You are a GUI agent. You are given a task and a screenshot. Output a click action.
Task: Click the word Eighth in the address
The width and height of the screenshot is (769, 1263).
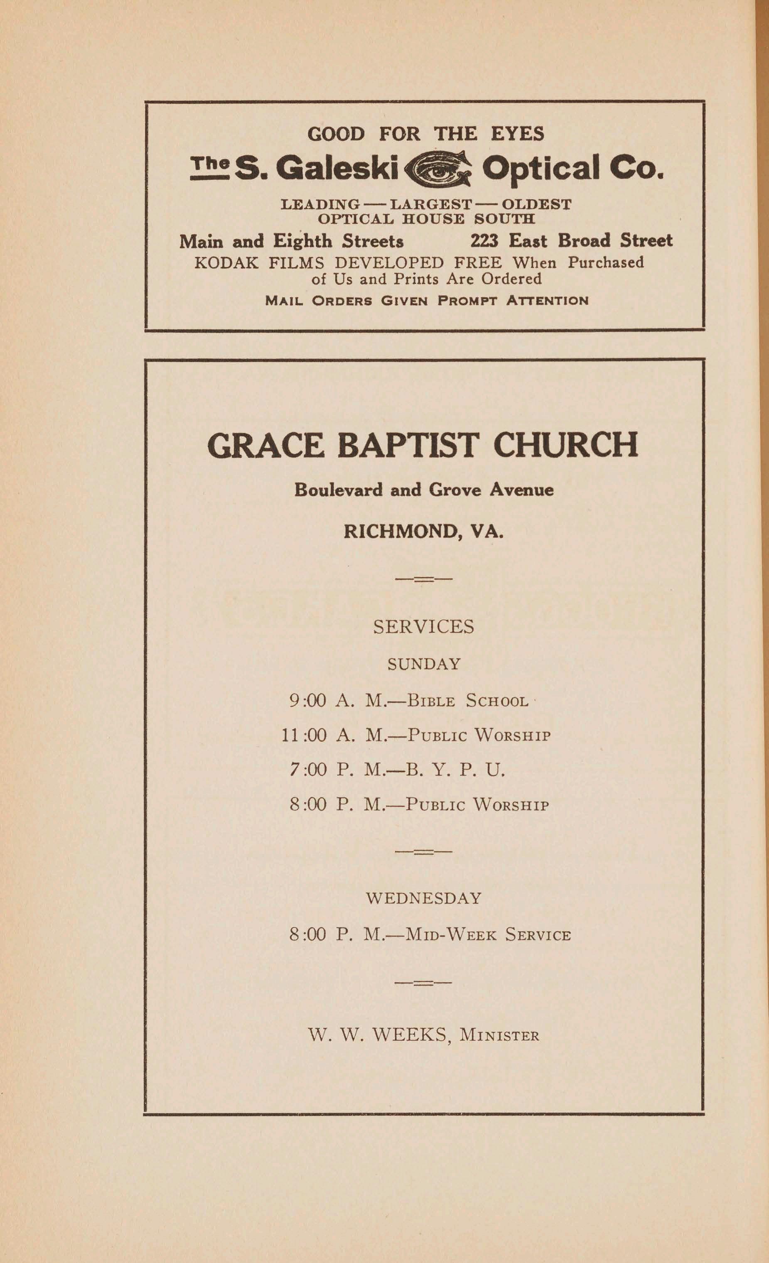pos(302,241)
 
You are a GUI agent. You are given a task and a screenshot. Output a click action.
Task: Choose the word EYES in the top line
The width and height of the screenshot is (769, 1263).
pos(517,134)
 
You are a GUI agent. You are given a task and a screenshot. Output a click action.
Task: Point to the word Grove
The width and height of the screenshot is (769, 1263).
pos(455,490)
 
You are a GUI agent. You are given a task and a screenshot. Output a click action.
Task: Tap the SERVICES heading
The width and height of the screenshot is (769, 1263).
pos(423,626)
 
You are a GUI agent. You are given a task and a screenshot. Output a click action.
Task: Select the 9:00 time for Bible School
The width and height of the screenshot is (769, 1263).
pos(307,700)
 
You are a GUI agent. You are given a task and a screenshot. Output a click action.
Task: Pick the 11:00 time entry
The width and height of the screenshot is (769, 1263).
pos(304,736)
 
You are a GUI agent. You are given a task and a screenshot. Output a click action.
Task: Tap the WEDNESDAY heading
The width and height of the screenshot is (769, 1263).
pos(423,898)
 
